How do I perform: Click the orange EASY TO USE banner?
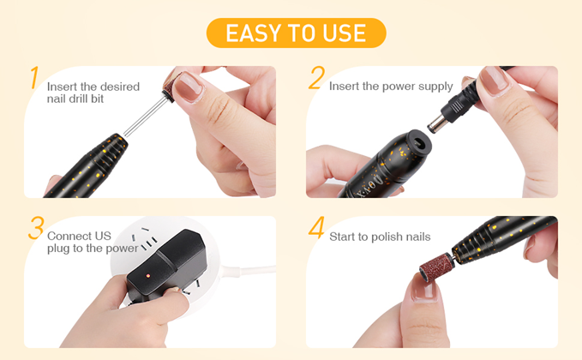click(297, 33)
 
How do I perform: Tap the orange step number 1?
click(34, 77)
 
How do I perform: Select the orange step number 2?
click(316, 77)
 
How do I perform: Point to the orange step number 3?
click(36, 228)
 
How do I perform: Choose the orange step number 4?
click(316, 227)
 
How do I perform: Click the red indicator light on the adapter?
click(147, 276)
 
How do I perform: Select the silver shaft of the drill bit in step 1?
click(147, 116)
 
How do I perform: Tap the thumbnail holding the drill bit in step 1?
click(189, 87)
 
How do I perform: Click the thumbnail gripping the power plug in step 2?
click(494, 80)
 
